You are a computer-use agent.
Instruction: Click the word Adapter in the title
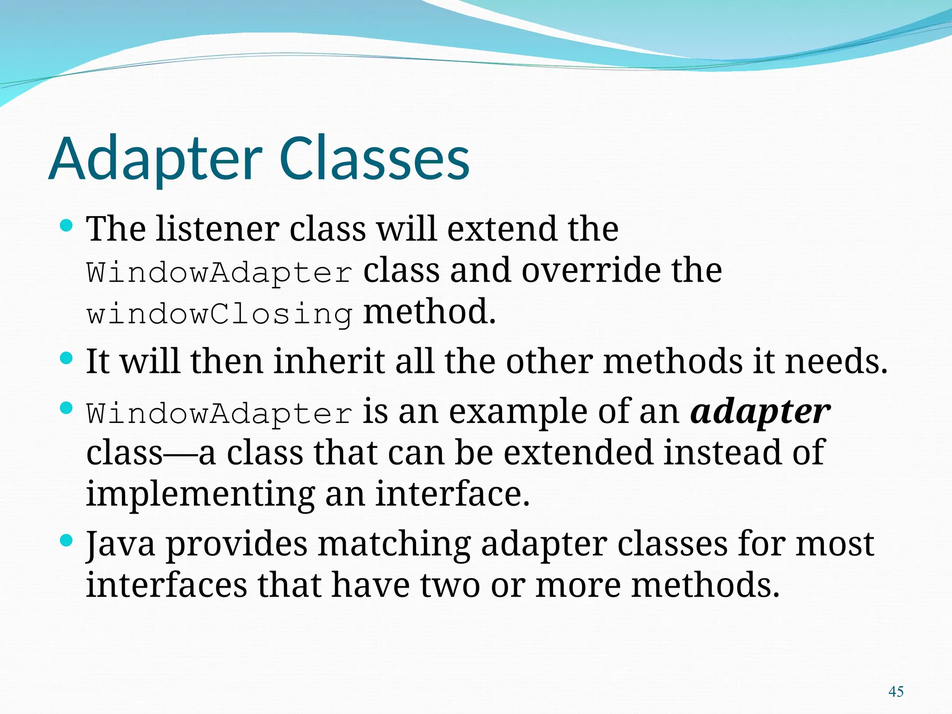click(156, 159)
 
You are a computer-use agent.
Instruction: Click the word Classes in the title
click(375, 159)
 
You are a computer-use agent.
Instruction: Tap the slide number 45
click(895, 691)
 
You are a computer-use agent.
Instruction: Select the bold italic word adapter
click(760, 412)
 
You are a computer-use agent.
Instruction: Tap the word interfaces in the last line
click(166, 585)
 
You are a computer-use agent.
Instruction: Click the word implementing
click(200, 494)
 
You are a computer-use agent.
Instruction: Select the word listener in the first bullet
click(217, 229)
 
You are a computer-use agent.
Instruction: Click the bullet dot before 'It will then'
click(67, 358)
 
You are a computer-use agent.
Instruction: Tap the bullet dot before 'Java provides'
click(67, 540)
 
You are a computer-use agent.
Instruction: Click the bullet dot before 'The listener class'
click(67, 226)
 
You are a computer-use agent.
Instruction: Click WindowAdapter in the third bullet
click(219, 413)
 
